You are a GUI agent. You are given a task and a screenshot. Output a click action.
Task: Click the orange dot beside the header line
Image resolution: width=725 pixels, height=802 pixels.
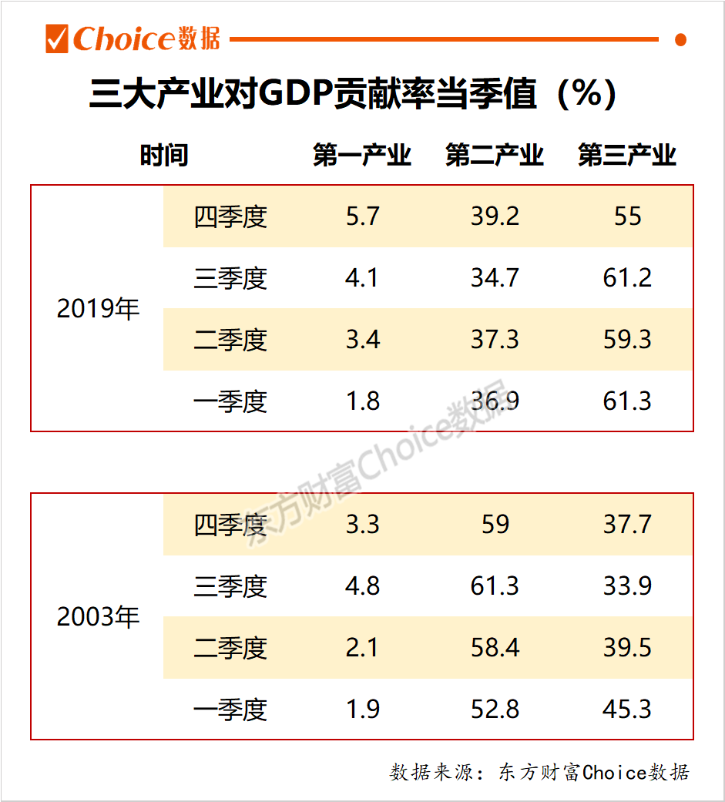[680, 39]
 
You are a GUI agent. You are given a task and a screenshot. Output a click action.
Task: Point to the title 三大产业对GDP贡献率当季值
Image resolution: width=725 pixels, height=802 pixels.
[352, 95]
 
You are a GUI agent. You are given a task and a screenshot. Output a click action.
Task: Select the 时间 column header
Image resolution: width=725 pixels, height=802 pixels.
[163, 156]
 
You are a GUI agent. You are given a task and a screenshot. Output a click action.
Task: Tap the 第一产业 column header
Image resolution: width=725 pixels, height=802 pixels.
[362, 156]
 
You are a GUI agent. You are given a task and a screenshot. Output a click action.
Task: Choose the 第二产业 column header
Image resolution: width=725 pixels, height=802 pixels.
[495, 156]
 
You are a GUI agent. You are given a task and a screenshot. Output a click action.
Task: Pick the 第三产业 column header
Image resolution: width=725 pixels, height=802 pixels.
[627, 156]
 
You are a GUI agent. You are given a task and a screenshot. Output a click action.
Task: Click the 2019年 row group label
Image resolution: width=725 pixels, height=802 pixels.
[98, 309]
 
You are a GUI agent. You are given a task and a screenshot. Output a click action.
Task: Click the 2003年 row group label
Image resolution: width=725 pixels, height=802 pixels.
[98, 617]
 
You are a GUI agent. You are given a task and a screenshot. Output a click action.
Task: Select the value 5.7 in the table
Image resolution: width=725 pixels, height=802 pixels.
[362, 216]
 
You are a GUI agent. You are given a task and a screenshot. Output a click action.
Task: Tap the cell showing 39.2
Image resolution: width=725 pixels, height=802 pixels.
[495, 216]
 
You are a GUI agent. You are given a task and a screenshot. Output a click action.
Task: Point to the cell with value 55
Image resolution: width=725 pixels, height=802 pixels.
[627, 216]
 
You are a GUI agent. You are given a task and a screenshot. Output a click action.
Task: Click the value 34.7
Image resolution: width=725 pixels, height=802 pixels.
[495, 278]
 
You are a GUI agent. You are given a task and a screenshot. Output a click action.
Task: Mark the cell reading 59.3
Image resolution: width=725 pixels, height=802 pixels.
[627, 340]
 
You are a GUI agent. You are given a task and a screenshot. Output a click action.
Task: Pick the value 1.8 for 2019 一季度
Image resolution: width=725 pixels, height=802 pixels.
[362, 401]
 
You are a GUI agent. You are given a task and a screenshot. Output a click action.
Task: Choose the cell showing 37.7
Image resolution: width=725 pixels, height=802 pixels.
[627, 525]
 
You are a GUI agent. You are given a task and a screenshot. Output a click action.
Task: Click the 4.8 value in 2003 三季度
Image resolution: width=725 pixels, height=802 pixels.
[362, 586]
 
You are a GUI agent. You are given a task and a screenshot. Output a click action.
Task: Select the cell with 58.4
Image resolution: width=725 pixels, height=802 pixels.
[495, 648]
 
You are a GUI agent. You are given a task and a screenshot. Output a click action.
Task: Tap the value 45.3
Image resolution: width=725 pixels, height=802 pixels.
[627, 710]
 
